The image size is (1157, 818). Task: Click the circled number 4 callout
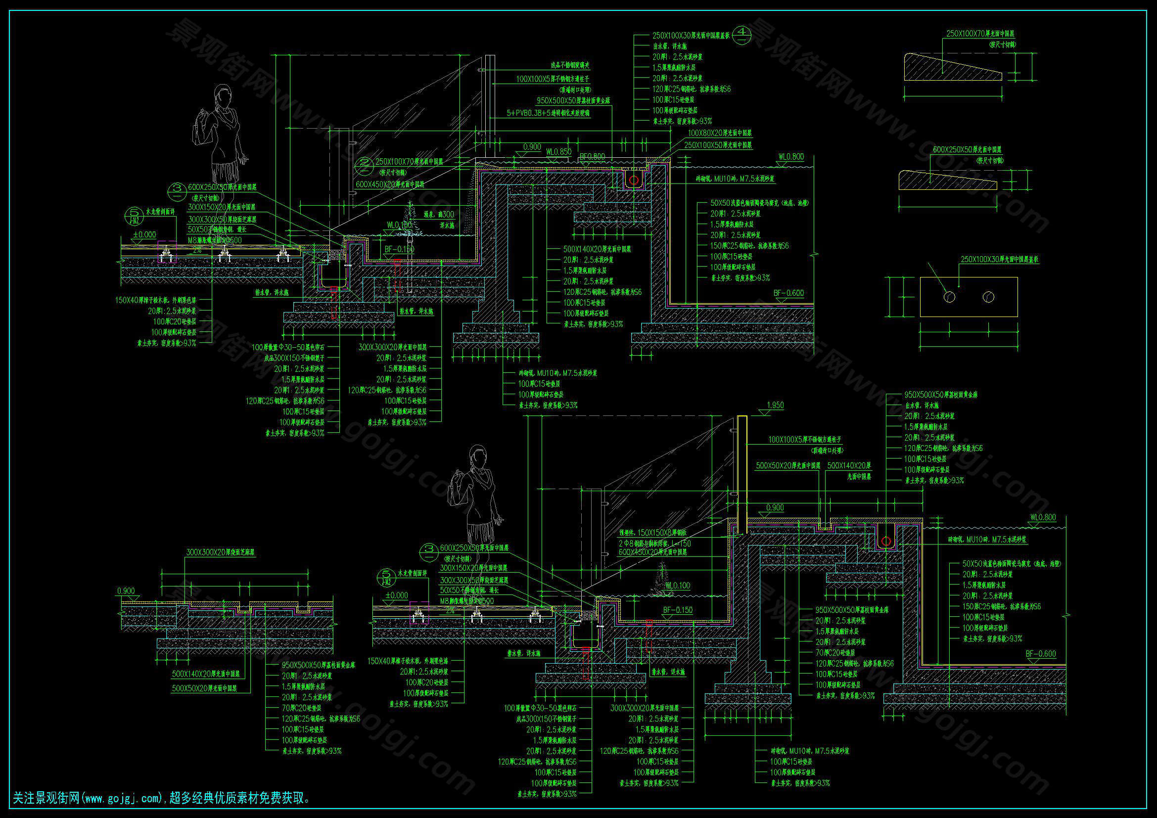click(x=741, y=34)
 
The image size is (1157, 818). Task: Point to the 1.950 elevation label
click(x=775, y=405)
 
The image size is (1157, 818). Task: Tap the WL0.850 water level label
click(x=559, y=151)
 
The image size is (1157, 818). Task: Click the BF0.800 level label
click(x=592, y=157)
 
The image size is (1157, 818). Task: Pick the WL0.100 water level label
click(x=678, y=586)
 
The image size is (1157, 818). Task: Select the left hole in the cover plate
click(x=949, y=297)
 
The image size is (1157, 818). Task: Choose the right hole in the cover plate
click(x=988, y=297)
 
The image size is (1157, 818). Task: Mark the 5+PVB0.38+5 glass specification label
click(x=548, y=114)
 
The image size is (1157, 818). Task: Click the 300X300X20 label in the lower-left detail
click(x=220, y=552)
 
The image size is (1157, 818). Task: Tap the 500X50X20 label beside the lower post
click(x=787, y=466)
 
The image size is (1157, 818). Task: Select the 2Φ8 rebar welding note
click(x=654, y=544)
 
